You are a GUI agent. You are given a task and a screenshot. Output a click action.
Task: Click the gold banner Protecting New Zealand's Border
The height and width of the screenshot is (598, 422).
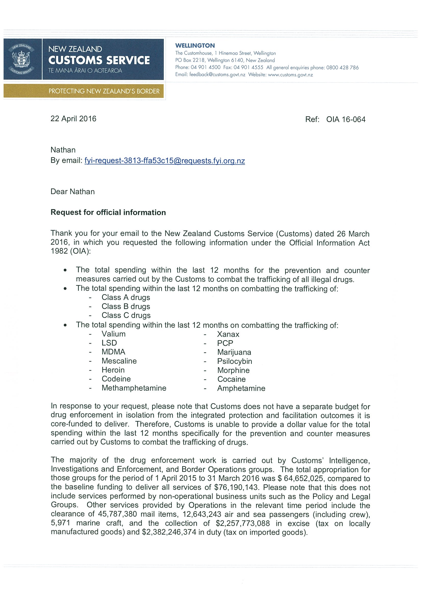coord(104,91)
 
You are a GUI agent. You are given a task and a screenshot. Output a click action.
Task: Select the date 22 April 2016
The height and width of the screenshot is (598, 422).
coord(73,119)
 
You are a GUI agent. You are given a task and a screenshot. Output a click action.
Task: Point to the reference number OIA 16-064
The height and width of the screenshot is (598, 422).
coord(345,120)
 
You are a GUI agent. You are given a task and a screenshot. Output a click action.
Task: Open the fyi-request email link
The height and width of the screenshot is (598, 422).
coord(165,161)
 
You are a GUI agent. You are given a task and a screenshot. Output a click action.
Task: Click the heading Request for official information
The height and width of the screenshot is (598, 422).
coord(108,213)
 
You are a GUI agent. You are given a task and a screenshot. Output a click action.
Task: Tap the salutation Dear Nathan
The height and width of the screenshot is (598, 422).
coord(72,192)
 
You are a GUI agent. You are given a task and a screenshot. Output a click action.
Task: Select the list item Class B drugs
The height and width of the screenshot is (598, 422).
coord(126,307)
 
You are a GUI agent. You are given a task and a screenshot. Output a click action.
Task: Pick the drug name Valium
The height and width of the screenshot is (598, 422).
coord(113,334)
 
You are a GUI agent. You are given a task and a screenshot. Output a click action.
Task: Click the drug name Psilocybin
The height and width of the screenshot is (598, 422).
coord(234,361)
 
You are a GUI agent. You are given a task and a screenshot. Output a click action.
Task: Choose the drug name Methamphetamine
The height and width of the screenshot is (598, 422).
coord(134,388)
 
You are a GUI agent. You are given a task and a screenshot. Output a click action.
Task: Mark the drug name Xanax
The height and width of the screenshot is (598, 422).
coord(228,334)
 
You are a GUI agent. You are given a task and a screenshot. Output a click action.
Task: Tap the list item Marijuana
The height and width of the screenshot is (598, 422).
coord(234,352)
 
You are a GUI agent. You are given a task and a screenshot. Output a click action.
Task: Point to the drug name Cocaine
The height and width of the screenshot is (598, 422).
coord(231,379)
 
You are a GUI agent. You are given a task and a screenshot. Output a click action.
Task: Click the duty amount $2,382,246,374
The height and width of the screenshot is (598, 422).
coord(169,532)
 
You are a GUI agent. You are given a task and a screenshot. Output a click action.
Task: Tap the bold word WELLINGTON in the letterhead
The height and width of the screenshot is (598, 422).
coord(195,45)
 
